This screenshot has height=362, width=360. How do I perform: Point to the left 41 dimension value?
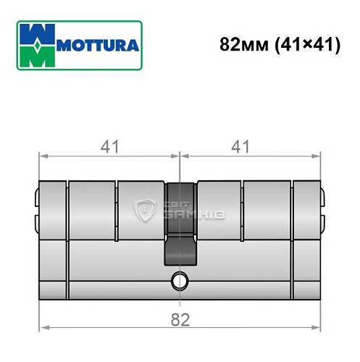click(x=109, y=146)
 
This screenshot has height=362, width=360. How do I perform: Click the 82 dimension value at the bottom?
click(x=179, y=319)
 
